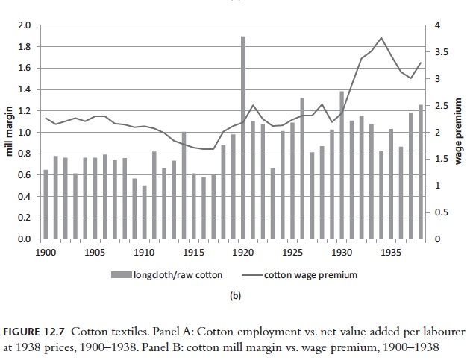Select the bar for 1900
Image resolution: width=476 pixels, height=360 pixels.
point(46,205)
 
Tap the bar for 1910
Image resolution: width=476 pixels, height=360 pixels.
point(144,212)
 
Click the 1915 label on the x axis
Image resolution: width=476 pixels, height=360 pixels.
point(193,252)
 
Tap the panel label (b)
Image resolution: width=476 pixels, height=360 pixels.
point(237,295)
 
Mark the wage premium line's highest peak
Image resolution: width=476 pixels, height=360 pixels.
point(381,38)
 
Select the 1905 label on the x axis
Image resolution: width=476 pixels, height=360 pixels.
point(95,252)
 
